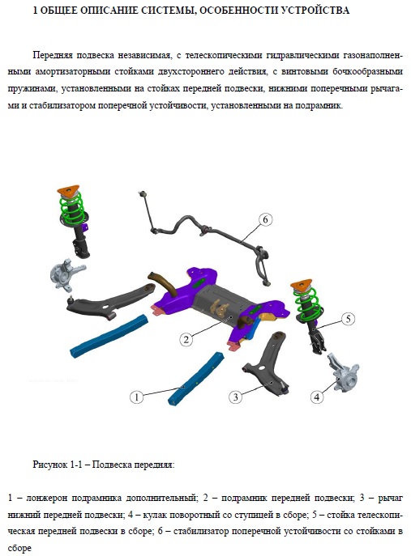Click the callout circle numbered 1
(136, 397)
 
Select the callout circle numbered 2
(186, 340)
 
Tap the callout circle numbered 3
(235, 397)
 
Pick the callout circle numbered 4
(317, 397)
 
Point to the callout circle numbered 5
(348, 319)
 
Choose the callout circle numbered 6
(265, 219)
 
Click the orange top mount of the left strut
(69, 189)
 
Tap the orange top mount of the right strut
(302, 284)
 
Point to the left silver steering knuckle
(66, 274)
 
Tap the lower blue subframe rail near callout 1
(196, 378)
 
